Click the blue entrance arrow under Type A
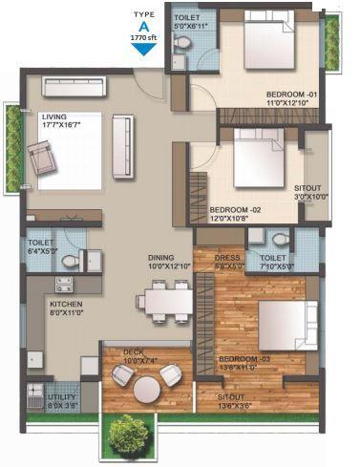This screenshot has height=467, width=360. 142,49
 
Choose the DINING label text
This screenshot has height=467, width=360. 161,257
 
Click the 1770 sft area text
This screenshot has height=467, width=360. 142,36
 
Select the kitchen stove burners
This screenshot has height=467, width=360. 63,284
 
